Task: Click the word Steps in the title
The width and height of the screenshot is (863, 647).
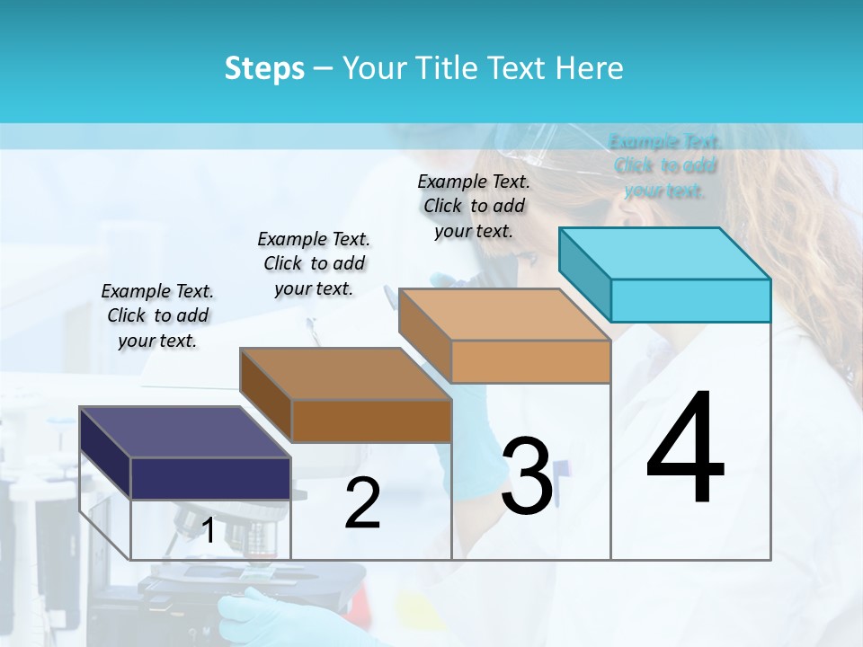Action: pyautogui.click(x=264, y=68)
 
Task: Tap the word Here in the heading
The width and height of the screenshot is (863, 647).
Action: pyautogui.click(x=590, y=68)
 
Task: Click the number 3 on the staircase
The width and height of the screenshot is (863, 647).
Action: pyautogui.click(x=527, y=476)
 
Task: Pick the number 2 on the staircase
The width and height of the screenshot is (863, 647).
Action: pyautogui.click(x=362, y=504)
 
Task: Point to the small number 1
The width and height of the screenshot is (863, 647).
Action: pyautogui.click(x=209, y=530)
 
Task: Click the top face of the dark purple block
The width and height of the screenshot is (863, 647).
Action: pyautogui.click(x=184, y=432)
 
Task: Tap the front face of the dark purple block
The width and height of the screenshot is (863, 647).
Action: pyautogui.click(x=210, y=477)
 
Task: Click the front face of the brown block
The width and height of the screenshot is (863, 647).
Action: pyautogui.click(x=371, y=421)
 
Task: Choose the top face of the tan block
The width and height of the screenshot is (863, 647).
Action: pyautogui.click(x=504, y=315)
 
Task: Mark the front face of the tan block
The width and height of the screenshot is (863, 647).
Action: pyautogui.click(x=530, y=361)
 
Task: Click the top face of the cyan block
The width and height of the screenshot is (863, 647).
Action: pyautogui.click(x=664, y=253)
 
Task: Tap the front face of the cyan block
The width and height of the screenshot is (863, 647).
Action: pyautogui.click(x=690, y=300)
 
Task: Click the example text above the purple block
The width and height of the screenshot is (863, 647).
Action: pyautogui.click(x=157, y=316)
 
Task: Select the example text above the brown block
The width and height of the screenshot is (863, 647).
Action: pyautogui.click(x=314, y=263)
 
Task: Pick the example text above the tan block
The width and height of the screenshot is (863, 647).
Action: pyautogui.click(x=474, y=206)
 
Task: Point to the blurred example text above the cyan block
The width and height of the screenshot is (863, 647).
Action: pyautogui.click(x=665, y=166)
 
